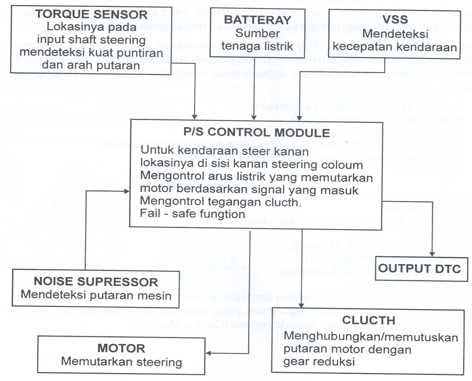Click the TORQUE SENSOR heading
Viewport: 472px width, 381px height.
click(92, 15)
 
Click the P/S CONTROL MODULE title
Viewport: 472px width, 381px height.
click(256, 132)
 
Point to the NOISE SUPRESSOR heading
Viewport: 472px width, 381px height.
click(96, 281)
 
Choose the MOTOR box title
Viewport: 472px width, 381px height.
click(121, 348)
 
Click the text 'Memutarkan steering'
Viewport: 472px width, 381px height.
click(121, 362)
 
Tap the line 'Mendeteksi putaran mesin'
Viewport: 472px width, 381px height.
click(96, 295)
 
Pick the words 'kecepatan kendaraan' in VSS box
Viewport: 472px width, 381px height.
click(395, 47)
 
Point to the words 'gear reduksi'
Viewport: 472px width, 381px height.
click(319, 362)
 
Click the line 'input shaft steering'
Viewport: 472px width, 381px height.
click(92, 40)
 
